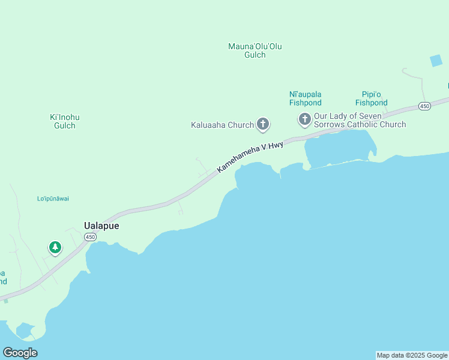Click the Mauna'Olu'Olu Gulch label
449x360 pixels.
click(x=255, y=50)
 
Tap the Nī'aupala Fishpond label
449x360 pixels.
click(x=305, y=98)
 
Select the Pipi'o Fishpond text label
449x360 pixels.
click(x=371, y=98)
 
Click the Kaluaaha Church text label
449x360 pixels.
click(x=222, y=125)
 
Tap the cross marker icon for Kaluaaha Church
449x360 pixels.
click(x=262, y=124)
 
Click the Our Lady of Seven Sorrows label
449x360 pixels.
click(x=359, y=120)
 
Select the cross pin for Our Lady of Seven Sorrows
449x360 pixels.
click(x=304, y=119)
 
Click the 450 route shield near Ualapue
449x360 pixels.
click(x=90, y=238)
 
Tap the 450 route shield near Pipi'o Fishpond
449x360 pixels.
click(x=424, y=106)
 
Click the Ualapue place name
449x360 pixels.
click(x=101, y=226)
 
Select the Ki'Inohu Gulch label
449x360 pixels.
click(x=65, y=121)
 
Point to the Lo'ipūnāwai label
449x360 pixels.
click(x=57, y=199)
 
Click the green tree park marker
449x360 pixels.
click(x=55, y=247)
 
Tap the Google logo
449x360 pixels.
click(x=20, y=353)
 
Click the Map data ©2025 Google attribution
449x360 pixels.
click(x=412, y=355)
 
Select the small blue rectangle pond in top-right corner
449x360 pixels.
click(x=436, y=61)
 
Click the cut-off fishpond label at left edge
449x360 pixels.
click(x=3, y=277)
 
